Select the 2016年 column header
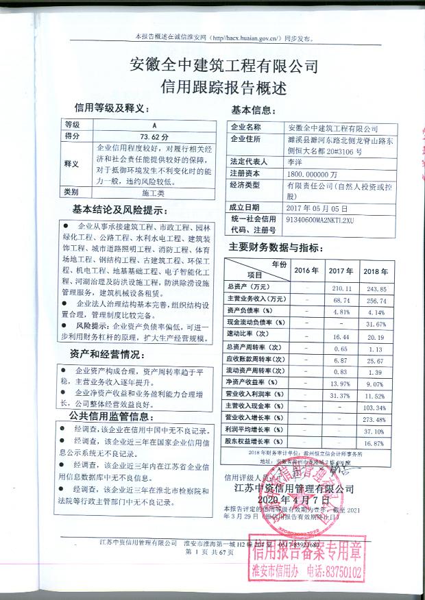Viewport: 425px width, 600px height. click(306, 270)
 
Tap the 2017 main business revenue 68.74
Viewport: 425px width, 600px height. click(341, 300)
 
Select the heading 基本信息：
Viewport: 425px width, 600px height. click(254, 110)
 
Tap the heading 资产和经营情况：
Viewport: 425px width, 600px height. click(108, 354)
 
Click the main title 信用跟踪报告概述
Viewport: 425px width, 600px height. click(223, 86)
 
